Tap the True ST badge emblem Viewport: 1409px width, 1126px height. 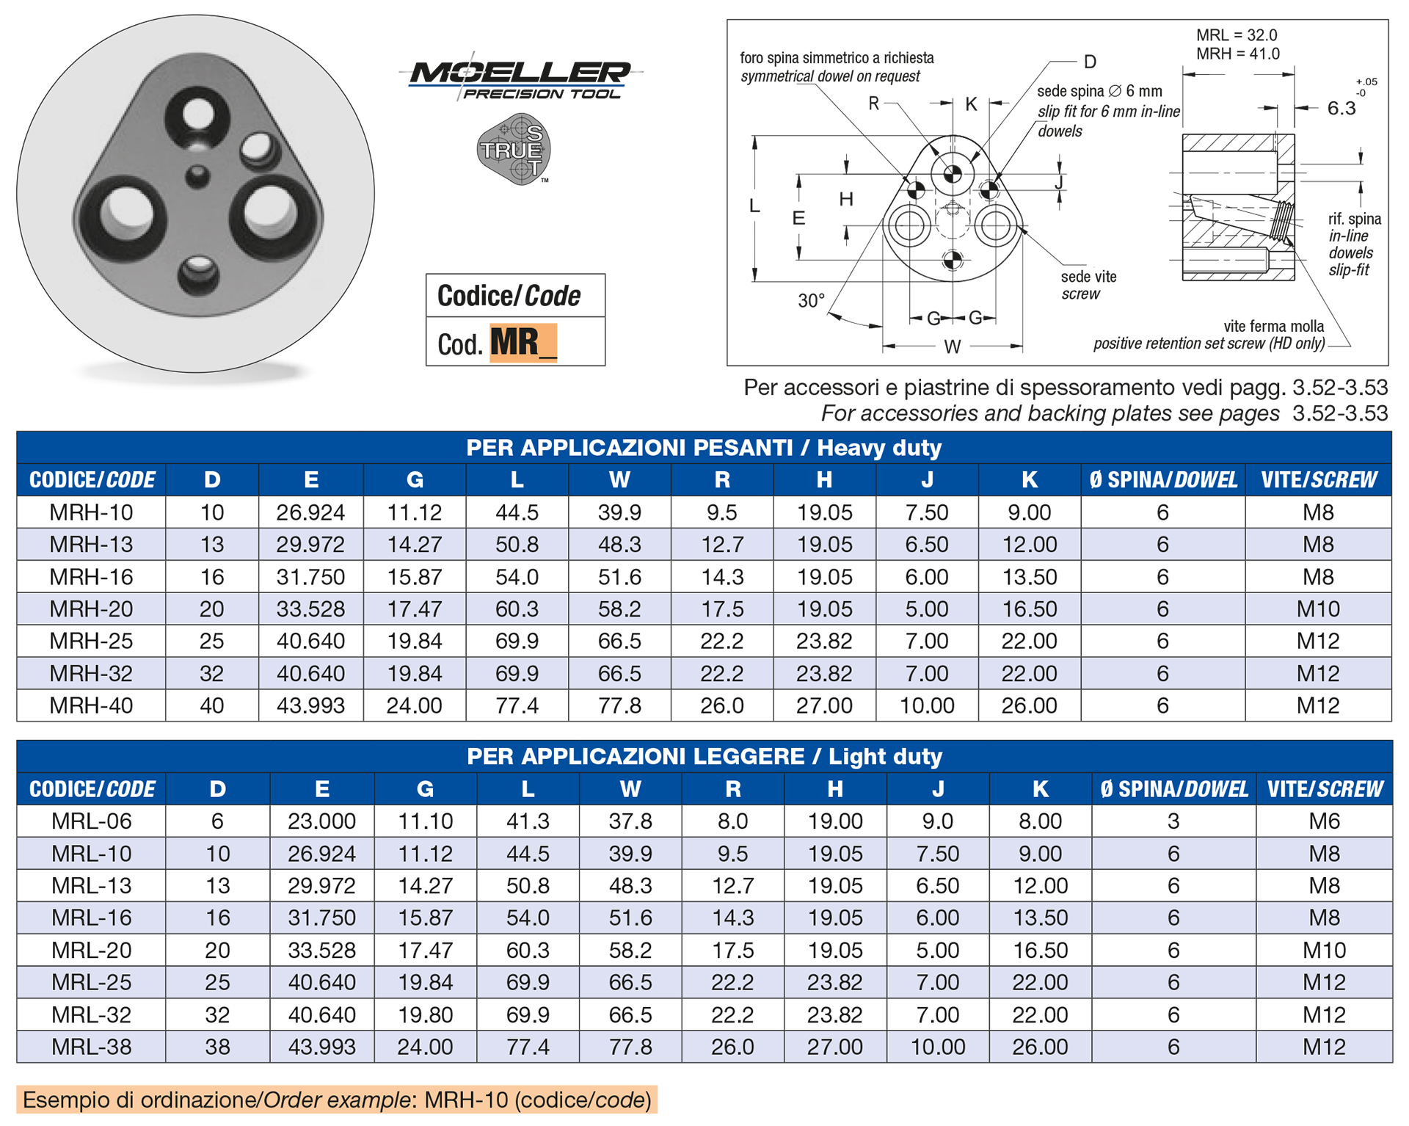tap(513, 149)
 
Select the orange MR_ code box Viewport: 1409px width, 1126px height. tap(523, 343)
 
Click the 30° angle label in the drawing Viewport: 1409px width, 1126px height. tap(811, 301)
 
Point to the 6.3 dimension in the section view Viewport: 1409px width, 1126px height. tap(1341, 109)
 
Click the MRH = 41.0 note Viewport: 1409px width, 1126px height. tap(1237, 54)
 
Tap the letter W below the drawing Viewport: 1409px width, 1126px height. tap(952, 346)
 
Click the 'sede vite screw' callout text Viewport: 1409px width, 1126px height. tap(1088, 286)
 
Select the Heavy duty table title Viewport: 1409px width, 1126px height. tap(703, 447)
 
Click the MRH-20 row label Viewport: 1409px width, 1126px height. tap(91, 609)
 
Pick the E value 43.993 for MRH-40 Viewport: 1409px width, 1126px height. tap(310, 705)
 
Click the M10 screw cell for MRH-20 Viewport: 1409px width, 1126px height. tap(1317, 609)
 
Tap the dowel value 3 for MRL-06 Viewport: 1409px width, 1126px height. tap(1173, 821)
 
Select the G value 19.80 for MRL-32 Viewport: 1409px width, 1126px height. tap(425, 1014)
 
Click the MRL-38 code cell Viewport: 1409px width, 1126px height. tap(91, 1047)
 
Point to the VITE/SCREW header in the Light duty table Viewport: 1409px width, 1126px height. tap(1324, 789)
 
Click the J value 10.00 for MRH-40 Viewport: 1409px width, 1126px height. tap(926, 705)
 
